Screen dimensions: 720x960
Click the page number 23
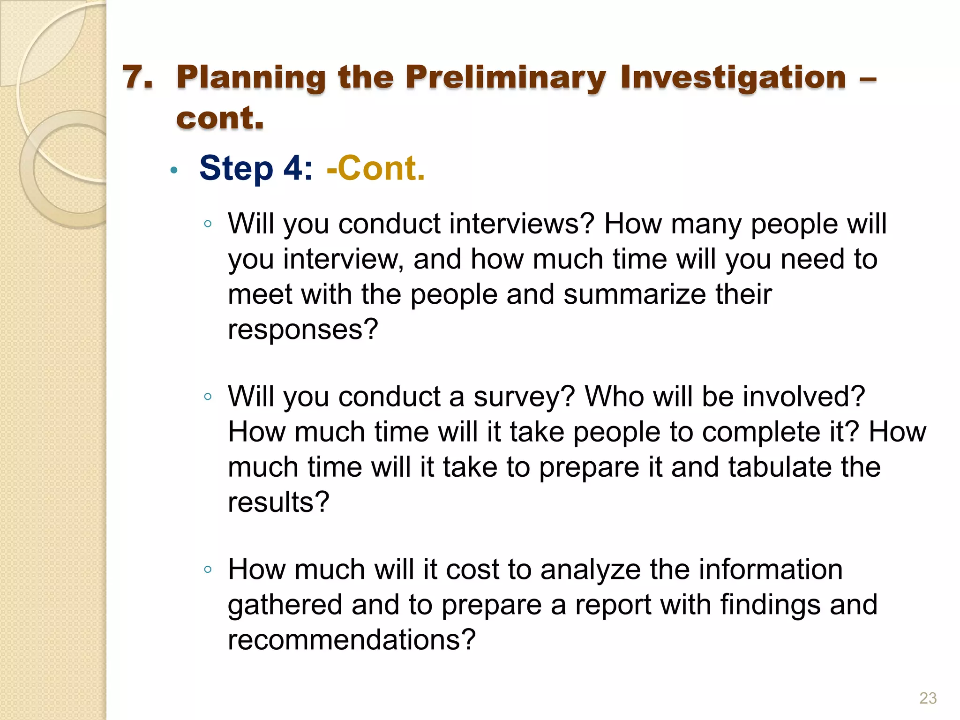(928, 698)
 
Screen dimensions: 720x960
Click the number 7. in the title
(138, 77)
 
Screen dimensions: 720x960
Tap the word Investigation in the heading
(733, 78)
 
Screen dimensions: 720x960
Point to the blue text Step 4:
(256, 168)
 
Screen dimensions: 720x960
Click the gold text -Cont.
(376, 168)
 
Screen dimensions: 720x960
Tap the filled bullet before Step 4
(174, 171)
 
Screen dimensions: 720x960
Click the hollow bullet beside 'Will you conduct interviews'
(208, 224)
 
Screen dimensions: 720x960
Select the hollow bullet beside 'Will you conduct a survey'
(208, 397)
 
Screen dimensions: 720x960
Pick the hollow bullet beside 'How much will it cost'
(208, 570)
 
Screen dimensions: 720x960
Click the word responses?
(303, 330)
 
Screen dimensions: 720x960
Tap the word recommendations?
(352, 640)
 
